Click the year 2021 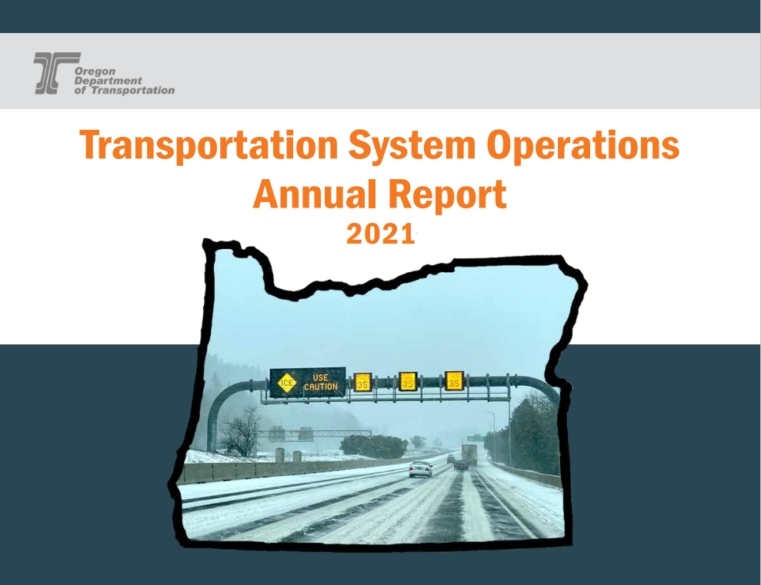[x=380, y=234]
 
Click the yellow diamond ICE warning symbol [x=287, y=382]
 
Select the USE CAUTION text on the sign [x=320, y=382]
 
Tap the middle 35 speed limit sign [x=408, y=381]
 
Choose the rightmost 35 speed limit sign [x=454, y=380]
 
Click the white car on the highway [x=420, y=468]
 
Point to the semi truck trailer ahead [x=469, y=454]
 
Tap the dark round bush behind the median [x=375, y=446]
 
